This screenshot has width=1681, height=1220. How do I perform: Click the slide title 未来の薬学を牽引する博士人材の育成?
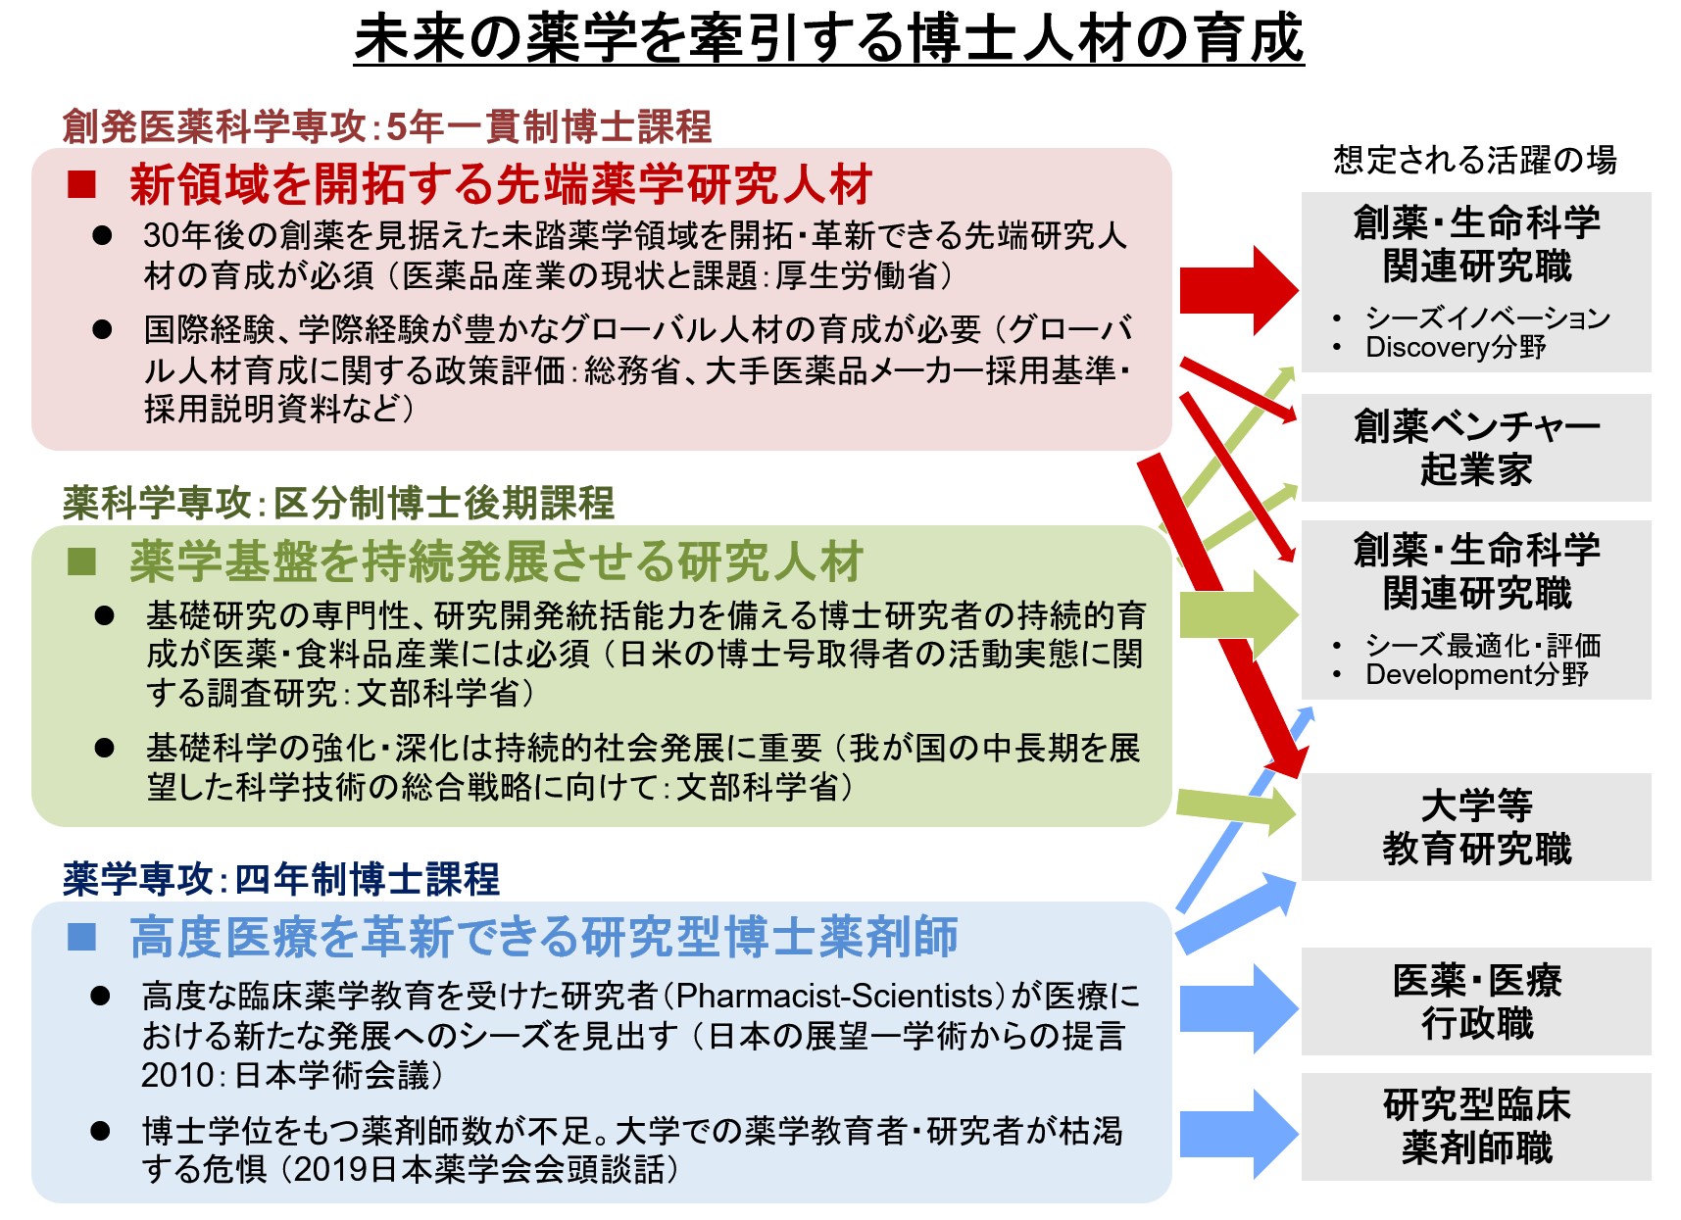click(x=828, y=39)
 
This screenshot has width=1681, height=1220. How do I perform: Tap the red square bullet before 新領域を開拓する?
click(x=81, y=184)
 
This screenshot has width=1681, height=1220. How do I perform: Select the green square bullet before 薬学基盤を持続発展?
click(x=81, y=561)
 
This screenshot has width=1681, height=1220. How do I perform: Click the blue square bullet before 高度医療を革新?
click(x=81, y=937)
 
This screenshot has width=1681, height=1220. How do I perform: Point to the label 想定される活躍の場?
click(x=1475, y=160)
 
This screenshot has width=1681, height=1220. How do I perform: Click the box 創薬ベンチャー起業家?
click(x=1476, y=448)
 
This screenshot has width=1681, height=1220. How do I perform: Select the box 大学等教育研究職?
click(x=1476, y=827)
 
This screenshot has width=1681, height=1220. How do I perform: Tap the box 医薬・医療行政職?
click(x=1476, y=1001)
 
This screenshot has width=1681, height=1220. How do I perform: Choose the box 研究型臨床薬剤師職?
click(x=1476, y=1127)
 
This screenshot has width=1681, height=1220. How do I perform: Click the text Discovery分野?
click(x=1456, y=347)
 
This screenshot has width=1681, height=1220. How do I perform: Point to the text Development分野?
click(x=1477, y=674)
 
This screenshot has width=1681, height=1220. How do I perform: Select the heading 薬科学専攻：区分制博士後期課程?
click(x=339, y=503)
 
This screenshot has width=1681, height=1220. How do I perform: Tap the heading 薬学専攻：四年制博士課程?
click(x=281, y=879)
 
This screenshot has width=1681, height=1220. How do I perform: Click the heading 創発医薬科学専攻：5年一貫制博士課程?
click(x=387, y=126)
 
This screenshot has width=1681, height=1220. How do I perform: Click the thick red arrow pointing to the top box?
click(x=1239, y=290)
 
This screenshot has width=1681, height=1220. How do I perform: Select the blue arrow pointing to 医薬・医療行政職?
click(x=1239, y=1007)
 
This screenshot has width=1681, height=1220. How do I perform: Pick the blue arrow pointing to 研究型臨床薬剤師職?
click(x=1239, y=1134)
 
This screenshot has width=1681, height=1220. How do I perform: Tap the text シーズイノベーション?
click(x=1488, y=317)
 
